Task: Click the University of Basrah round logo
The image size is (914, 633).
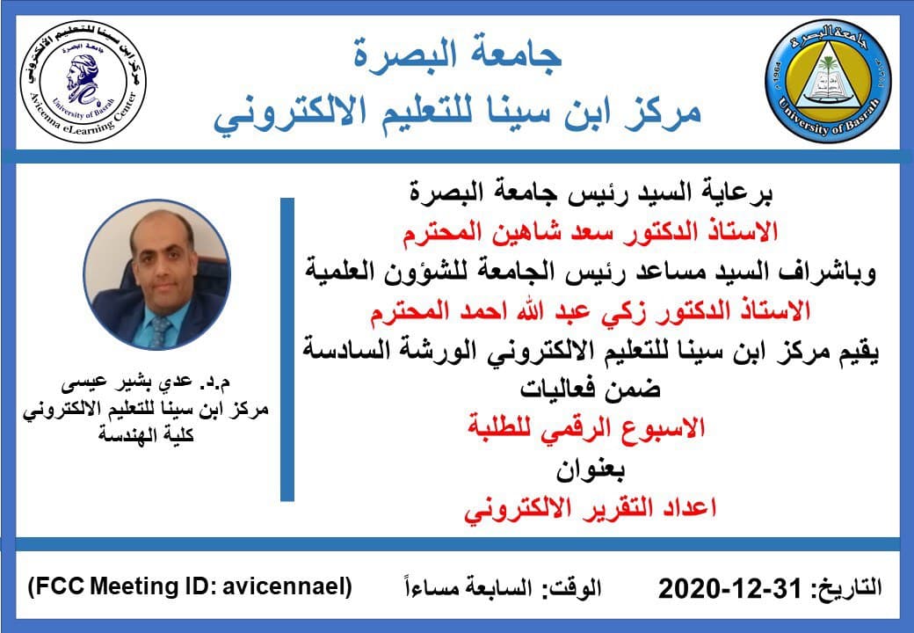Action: pyautogui.click(x=828, y=80)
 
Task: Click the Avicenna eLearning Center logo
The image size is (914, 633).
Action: pyautogui.click(x=83, y=80)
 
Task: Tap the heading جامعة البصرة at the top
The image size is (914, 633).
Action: pyautogui.click(x=457, y=54)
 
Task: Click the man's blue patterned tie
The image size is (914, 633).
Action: pyautogui.click(x=161, y=331)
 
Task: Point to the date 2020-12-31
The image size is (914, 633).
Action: pyautogui.click(x=730, y=589)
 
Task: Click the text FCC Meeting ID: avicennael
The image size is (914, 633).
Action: pyautogui.click(x=190, y=586)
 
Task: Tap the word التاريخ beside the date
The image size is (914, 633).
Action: pyautogui.click(x=846, y=587)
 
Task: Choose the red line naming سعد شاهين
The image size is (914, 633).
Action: pyautogui.click(x=590, y=233)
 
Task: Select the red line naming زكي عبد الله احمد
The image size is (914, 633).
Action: pyautogui.click(x=590, y=310)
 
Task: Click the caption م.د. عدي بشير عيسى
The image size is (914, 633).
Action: pyautogui.click(x=146, y=382)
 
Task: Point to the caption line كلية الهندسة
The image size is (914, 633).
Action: pyautogui.click(x=146, y=435)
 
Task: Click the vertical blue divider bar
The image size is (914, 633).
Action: pyautogui.click(x=287, y=350)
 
